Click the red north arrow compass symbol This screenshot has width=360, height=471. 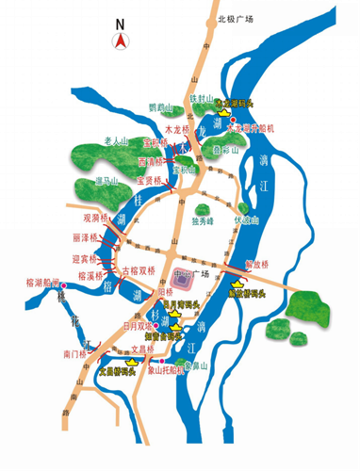[121, 40]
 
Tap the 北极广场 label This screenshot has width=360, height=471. [236, 17]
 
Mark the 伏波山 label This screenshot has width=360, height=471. [245, 222]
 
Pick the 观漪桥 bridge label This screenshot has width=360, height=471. [98, 218]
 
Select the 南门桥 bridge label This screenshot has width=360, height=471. [74, 354]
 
